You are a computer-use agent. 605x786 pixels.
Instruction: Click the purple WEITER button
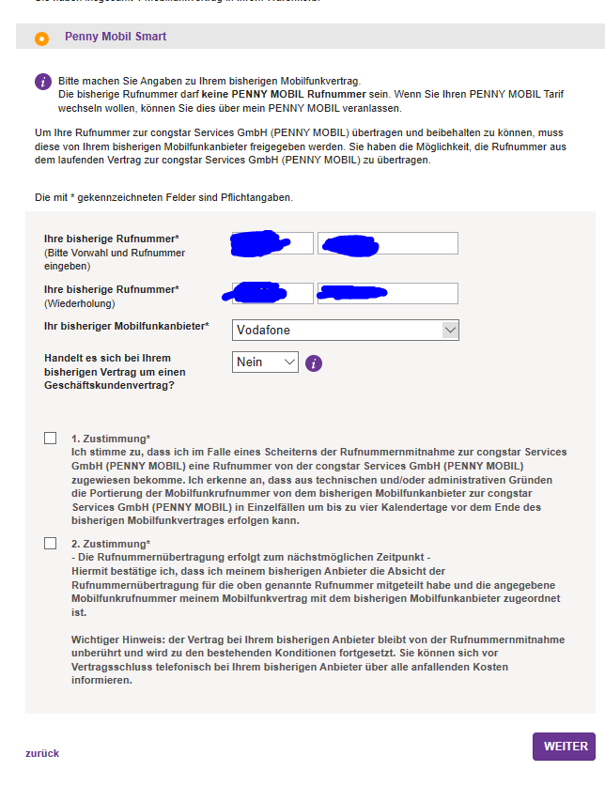click(565, 747)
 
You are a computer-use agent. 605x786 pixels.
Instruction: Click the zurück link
click(42, 753)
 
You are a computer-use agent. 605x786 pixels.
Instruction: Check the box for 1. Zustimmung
click(50, 439)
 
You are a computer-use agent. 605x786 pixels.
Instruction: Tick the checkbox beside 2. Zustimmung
click(50, 544)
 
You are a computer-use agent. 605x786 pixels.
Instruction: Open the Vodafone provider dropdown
click(346, 330)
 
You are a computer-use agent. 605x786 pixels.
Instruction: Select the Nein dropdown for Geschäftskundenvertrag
click(265, 362)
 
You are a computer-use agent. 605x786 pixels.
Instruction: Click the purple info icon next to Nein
click(314, 362)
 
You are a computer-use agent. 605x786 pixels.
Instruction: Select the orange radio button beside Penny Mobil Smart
click(41, 39)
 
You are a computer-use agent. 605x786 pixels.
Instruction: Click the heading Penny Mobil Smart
click(116, 37)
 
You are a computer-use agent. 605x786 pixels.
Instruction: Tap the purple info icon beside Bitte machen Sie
click(42, 82)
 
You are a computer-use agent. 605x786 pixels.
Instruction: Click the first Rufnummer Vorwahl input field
click(272, 243)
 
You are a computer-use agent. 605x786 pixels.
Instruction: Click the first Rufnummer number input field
click(388, 243)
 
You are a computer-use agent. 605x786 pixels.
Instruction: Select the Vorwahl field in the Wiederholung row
click(272, 293)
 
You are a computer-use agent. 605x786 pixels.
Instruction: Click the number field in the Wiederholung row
click(388, 293)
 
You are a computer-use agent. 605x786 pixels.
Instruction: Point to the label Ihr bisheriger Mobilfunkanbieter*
click(127, 327)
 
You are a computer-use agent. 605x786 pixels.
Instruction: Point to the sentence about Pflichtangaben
click(163, 197)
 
